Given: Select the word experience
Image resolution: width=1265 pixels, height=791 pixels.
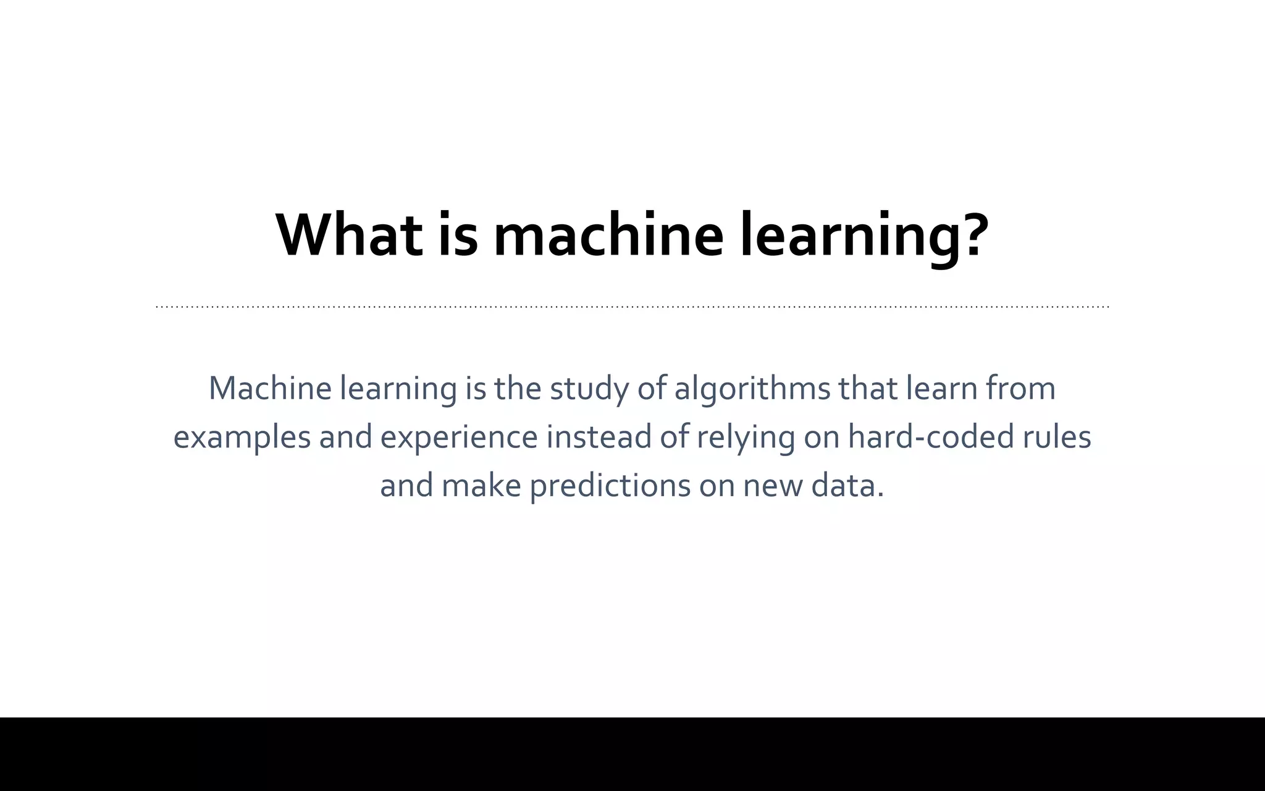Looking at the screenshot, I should [459, 438].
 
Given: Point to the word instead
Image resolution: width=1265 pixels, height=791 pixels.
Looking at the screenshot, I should [599, 436].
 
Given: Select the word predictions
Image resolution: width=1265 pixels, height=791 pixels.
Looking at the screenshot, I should [610, 486].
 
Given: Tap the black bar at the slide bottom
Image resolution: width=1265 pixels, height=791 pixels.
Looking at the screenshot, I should [632, 754].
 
